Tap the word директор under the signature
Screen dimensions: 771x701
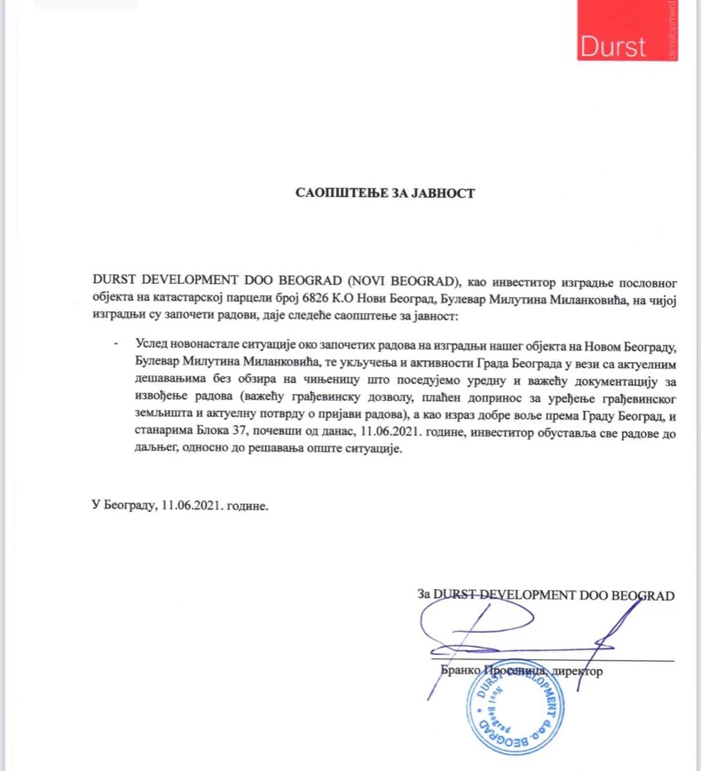(x=577, y=672)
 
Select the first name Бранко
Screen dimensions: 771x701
(x=460, y=672)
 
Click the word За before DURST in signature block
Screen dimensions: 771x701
(x=423, y=594)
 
